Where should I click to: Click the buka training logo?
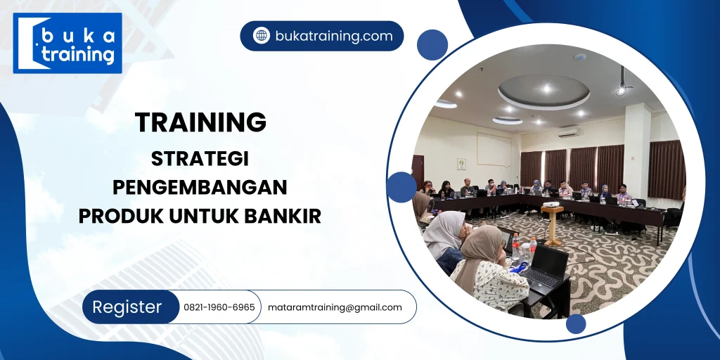(x=67, y=43)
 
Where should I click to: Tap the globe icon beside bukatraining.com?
(x=262, y=36)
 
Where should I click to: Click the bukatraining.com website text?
(x=333, y=36)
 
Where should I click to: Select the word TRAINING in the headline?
(x=201, y=122)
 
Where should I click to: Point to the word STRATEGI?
(x=200, y=159)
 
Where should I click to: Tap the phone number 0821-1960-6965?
(x=219, y=307)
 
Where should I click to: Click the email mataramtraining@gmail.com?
(x=335, y=307)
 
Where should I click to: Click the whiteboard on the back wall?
(x=494, y=149)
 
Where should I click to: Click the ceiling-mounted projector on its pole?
(x=622, y=86)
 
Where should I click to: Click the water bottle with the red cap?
(x=532, y=247)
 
